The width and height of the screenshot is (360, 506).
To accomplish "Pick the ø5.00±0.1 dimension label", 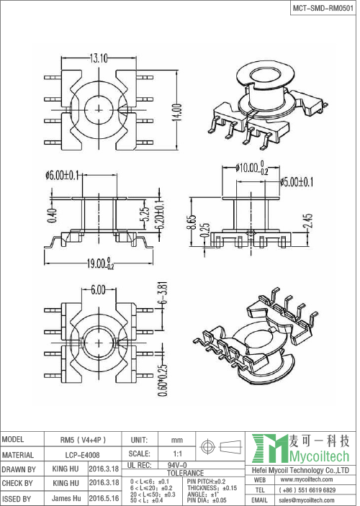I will pyautogui.click(x=297, y=181).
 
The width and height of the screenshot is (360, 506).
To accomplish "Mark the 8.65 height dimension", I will pyautogui.click(x=191, y=221).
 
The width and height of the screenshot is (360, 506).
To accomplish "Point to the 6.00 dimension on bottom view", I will pyautogui.click(x=99, y=289).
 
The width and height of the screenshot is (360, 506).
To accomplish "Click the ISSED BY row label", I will pyautogui.click(x=17, y=497).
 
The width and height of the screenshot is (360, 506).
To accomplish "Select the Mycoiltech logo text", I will pyautogui.click(x=316, y=457).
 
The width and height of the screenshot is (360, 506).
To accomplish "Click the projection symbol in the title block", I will pyautogui.click(x=213, y=446).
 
